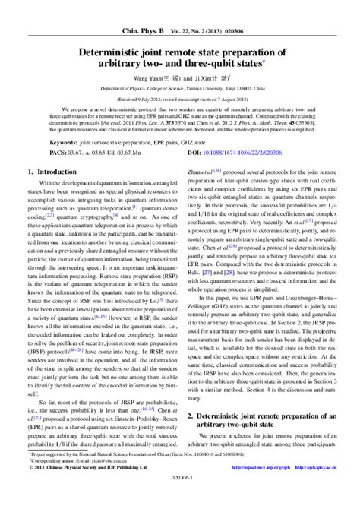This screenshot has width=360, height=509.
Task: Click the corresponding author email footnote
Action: pos(80,481)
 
